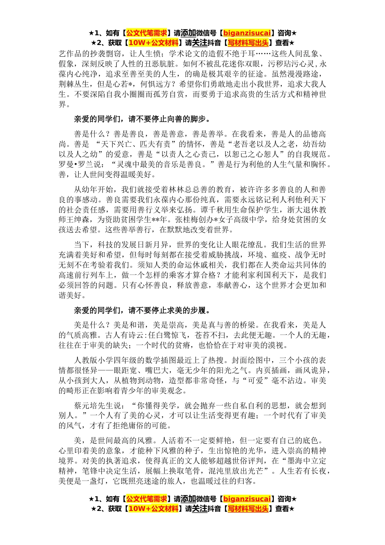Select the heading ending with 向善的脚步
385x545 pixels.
(x=142, y=119)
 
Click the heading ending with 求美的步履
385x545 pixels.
(x=142, y=311)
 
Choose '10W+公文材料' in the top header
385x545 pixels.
(x=154, y=43)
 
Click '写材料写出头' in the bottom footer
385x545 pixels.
(x=248, y=509)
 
